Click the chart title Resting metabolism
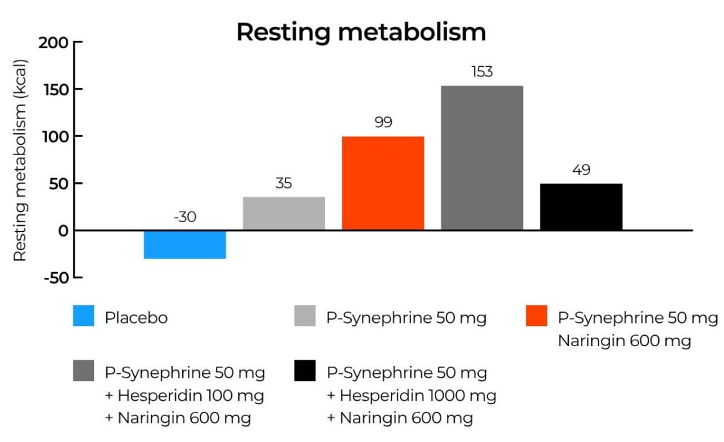point(361,32)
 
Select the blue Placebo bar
point(185,244)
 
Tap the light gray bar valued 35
point(284,213)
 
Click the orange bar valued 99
point(383,183)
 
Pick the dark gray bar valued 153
point(482,158)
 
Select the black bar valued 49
point(581,207)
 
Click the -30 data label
point(185,217)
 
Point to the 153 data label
point(482,71)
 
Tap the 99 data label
point(383,122)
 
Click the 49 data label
point(581,170)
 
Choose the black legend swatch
point(305,372)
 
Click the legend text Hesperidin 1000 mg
point(418,396)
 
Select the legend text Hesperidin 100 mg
point(191,396)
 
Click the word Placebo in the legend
point(136,318)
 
